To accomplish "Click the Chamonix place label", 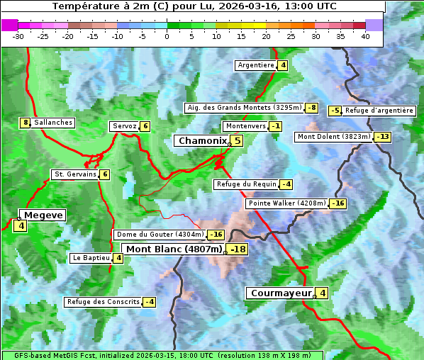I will [202, 141].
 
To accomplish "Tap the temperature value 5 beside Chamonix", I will [238, 141].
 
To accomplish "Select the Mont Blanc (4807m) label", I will [174, 249].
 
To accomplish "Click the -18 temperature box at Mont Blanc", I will [238, 249].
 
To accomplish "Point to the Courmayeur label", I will [281, 293].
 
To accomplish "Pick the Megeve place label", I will [42, 215].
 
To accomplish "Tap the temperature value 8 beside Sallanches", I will [26, 123].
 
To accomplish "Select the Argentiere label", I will [256, 65].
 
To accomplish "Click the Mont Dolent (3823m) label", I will [334, 137].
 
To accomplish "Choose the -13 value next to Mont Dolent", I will [383, 137].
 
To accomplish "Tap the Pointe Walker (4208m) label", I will [286, 203].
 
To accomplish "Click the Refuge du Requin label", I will [246, 184].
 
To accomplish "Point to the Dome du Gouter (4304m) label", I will [160, 235].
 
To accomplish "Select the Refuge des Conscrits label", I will [104, 302].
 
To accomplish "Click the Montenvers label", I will [245, 126].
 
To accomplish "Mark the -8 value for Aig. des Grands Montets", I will [312, 108].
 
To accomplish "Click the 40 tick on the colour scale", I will [365, 36].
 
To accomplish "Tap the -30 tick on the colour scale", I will [18, 36].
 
